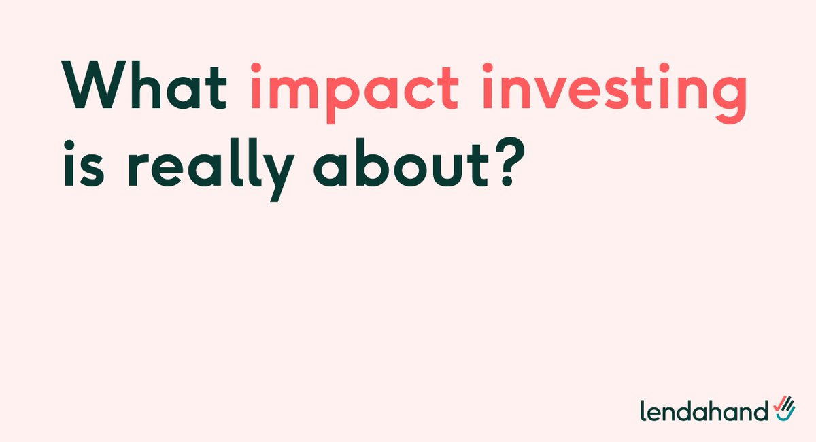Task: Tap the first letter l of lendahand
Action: click(643, 409)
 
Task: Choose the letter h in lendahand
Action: click(714, 409)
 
